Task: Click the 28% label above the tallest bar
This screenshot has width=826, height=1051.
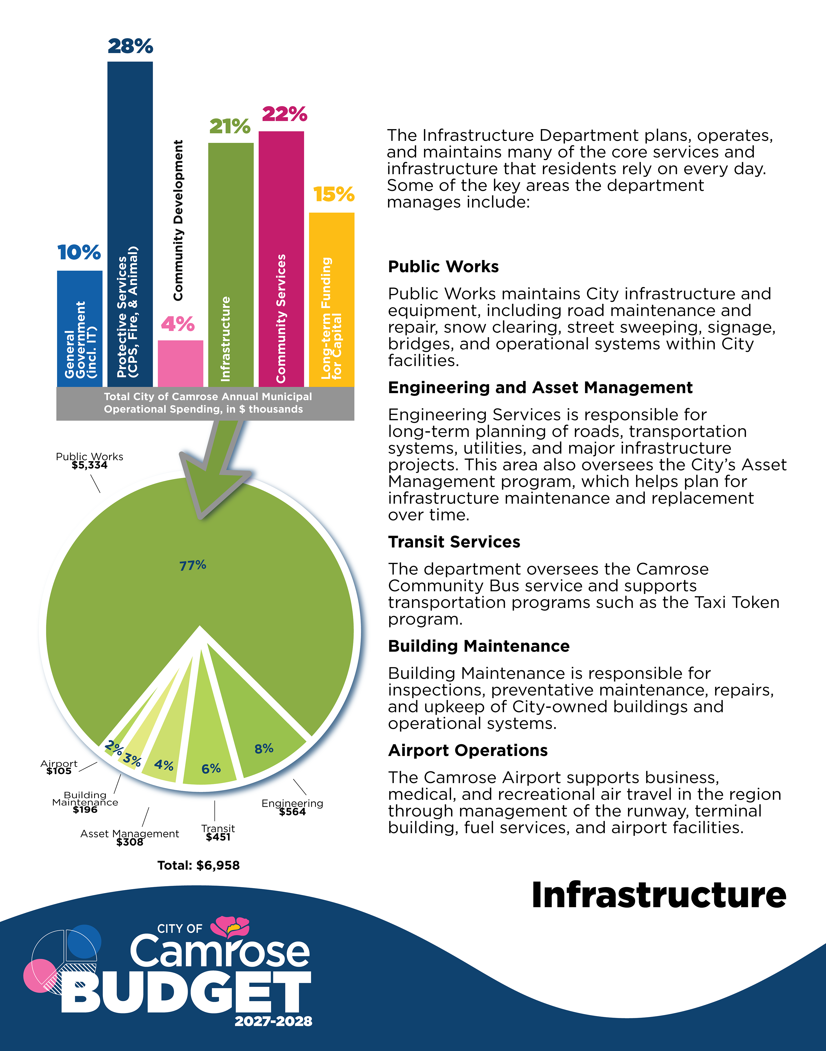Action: tap(130, 46)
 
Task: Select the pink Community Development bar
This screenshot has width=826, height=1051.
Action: tap(180, 364)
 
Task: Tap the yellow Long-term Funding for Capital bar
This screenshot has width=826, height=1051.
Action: tap(332, 300)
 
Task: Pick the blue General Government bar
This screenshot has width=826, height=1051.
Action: tap(80, 329)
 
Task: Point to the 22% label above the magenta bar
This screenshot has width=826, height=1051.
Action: tap(284, 114)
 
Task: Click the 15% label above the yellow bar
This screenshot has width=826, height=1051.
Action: tap(334, 194)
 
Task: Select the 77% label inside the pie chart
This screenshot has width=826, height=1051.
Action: tap(192, 565)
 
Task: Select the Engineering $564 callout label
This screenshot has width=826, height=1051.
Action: tap(292, 807)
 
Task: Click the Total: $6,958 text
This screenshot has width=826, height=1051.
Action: tap(198, 865)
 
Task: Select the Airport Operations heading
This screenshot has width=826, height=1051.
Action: tap(468, 750)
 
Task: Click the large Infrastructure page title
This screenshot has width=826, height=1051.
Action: tap(659, 895)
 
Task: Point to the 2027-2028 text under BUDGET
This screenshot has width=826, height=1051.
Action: tap(273, 1021)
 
